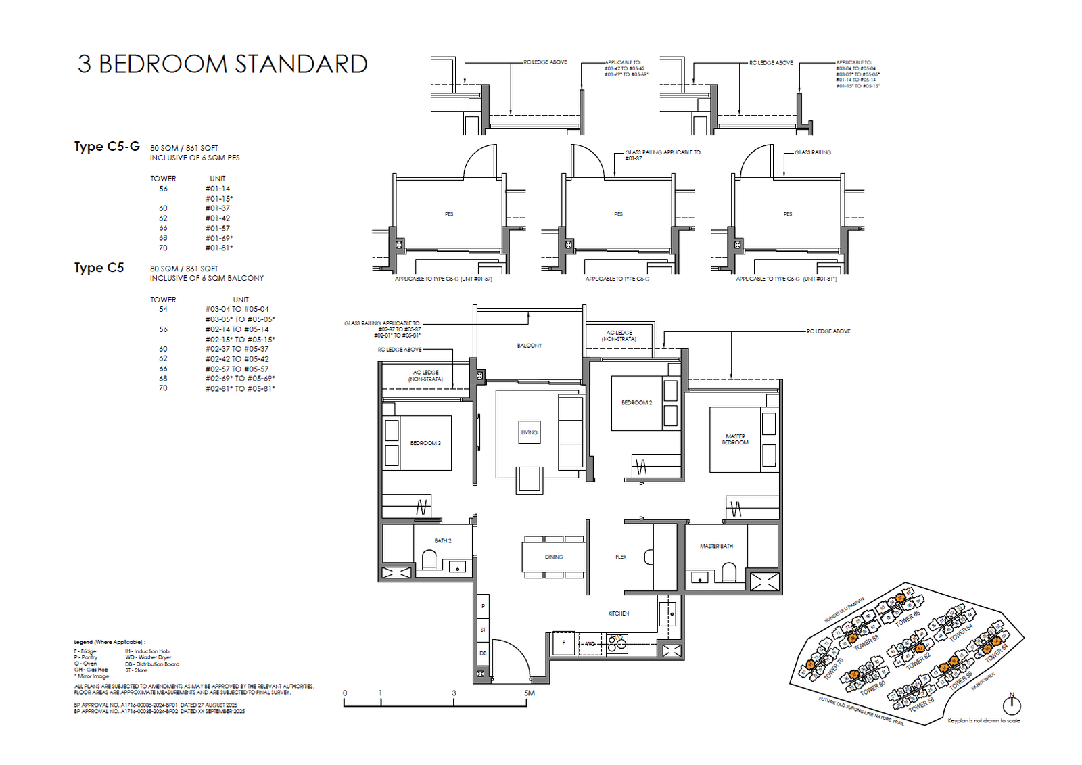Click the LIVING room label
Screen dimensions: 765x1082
point(529,432)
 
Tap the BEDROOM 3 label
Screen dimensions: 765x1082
point(425,443)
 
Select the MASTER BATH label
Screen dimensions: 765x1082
point(716,546)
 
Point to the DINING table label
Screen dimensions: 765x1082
point(554,557)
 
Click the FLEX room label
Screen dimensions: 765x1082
point(621,557)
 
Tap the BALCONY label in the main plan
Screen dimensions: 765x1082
point(529,346)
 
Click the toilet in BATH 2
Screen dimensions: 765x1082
point(429,560)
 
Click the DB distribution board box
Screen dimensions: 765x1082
point(483,653)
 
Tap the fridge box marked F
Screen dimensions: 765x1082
point(563,643)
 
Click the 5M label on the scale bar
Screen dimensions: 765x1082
point(529,693)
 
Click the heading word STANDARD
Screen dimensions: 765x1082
point(301,64)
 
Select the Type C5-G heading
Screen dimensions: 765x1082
point(107,147)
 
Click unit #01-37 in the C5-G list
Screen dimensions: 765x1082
point(218,208)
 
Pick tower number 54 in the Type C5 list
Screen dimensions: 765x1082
point(163,309)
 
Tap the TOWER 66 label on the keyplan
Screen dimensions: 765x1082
point(908,618)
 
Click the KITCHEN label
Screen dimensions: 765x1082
point(618,613)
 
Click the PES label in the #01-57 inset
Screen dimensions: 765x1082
point(449,214)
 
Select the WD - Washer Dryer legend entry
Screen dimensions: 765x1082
point(148,657)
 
